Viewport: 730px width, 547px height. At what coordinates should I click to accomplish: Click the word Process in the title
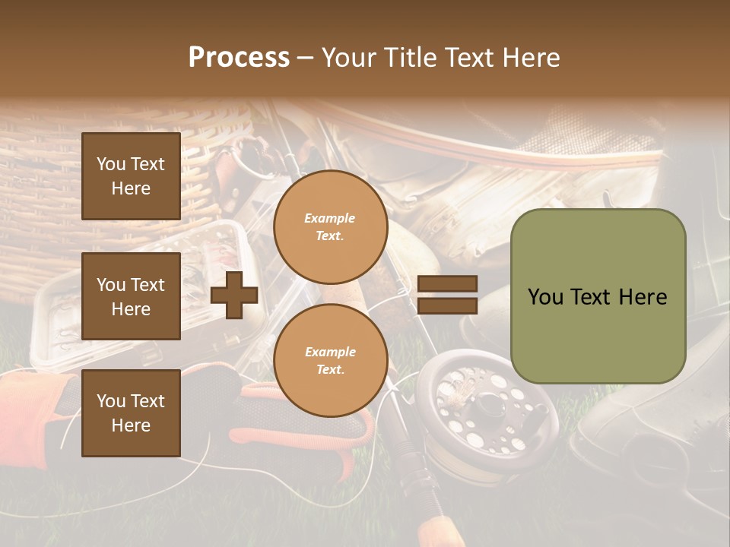(x=239, y=58)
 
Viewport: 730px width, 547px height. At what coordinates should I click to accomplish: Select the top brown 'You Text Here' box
(x=131, y=176)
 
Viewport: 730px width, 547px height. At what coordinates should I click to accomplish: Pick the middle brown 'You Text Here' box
(x=131, y=296)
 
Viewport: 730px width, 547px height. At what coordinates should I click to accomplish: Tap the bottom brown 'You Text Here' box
(x=131, y=413)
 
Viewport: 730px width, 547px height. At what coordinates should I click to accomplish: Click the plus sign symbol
(x=234, y=296)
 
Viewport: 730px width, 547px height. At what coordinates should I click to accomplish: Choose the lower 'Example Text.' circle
(x=330, y=361)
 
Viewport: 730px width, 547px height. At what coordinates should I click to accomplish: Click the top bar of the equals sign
(x=447, y=284)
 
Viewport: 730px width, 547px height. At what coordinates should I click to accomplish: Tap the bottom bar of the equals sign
(x=447, y=305)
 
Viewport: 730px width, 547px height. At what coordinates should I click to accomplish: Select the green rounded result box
(x=598, y=296)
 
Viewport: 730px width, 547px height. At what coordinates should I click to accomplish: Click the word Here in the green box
(x=642, y=297)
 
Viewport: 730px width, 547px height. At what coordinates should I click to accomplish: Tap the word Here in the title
(x=532, y=58)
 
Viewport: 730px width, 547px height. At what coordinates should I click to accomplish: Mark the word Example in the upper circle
(x=330, y=218)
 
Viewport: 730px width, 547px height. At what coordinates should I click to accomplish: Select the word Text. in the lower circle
(x=330, y=370)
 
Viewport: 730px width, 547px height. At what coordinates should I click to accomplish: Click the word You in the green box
(x=546, y=297)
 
